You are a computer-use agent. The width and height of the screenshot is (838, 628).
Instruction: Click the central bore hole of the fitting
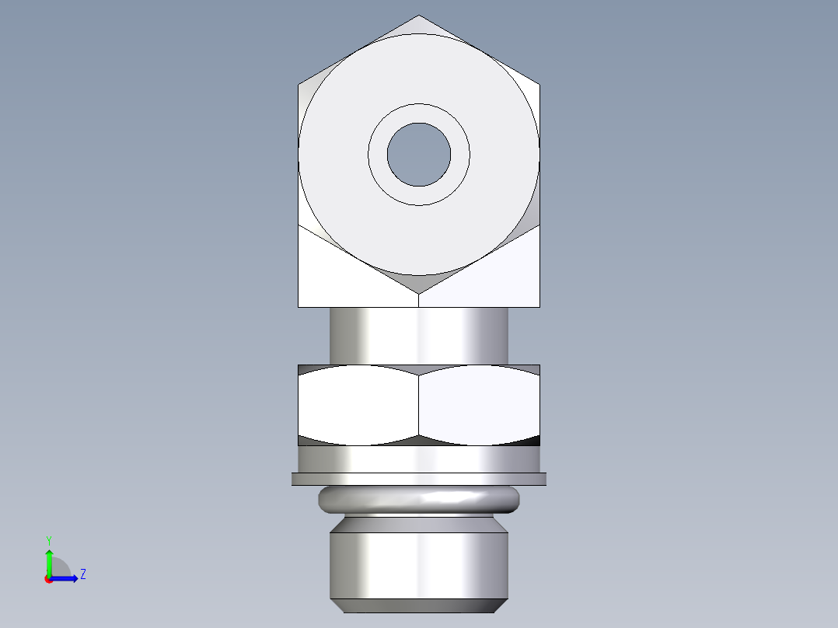tap(419, 155)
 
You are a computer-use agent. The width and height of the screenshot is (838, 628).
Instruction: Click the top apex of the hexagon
tap(419, 16)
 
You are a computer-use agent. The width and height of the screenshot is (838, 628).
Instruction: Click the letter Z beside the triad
tap(83, 574)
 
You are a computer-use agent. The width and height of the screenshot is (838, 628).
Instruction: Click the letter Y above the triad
tap(48, 539)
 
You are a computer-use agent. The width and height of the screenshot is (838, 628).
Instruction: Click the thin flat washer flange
tap(419, 479)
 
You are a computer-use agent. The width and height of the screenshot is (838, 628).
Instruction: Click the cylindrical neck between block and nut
tap(419, 335)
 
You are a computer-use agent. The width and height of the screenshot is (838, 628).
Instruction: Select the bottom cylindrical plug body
tap(419, 564)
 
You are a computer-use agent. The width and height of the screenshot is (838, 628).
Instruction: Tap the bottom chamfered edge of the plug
tap(419, 605)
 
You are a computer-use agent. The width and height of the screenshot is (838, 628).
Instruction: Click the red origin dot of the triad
tap(48, 578)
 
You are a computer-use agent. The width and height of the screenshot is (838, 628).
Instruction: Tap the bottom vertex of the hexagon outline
tap(419, 294)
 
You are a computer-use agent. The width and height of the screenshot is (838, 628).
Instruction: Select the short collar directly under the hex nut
tap(419, 459)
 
